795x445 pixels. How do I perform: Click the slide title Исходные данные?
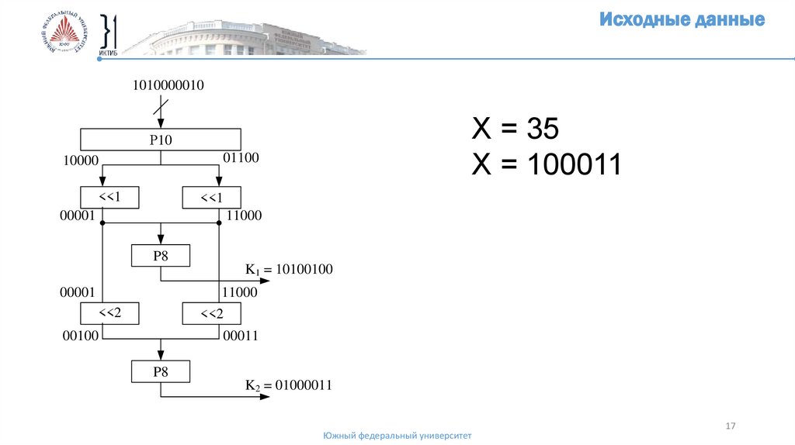click(682, 20)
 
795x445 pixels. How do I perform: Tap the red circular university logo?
click(65, 36)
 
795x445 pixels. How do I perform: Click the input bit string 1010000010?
click(168, 85)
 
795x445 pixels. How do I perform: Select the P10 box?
click(161, 140)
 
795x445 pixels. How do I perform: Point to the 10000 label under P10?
click(78, 160)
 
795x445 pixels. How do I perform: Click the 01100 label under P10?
click(241, 159)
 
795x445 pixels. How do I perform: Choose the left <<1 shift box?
click(109, 198)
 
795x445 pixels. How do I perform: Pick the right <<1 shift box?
click(211, 198)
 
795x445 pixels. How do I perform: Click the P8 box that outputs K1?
click(160, 256)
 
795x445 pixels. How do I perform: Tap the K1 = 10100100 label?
click(289, 270)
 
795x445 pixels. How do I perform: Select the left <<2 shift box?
click(109, 313)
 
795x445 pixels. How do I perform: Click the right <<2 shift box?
click(211, 313)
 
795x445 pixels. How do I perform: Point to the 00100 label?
click(78, 336)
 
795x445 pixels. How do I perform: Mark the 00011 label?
click(240, 336)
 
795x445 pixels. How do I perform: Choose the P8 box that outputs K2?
click(160, 372)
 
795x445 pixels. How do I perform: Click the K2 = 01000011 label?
click(289, 385)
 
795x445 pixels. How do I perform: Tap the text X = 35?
click(516, 129)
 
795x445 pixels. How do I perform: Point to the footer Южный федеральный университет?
click(397, 436)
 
